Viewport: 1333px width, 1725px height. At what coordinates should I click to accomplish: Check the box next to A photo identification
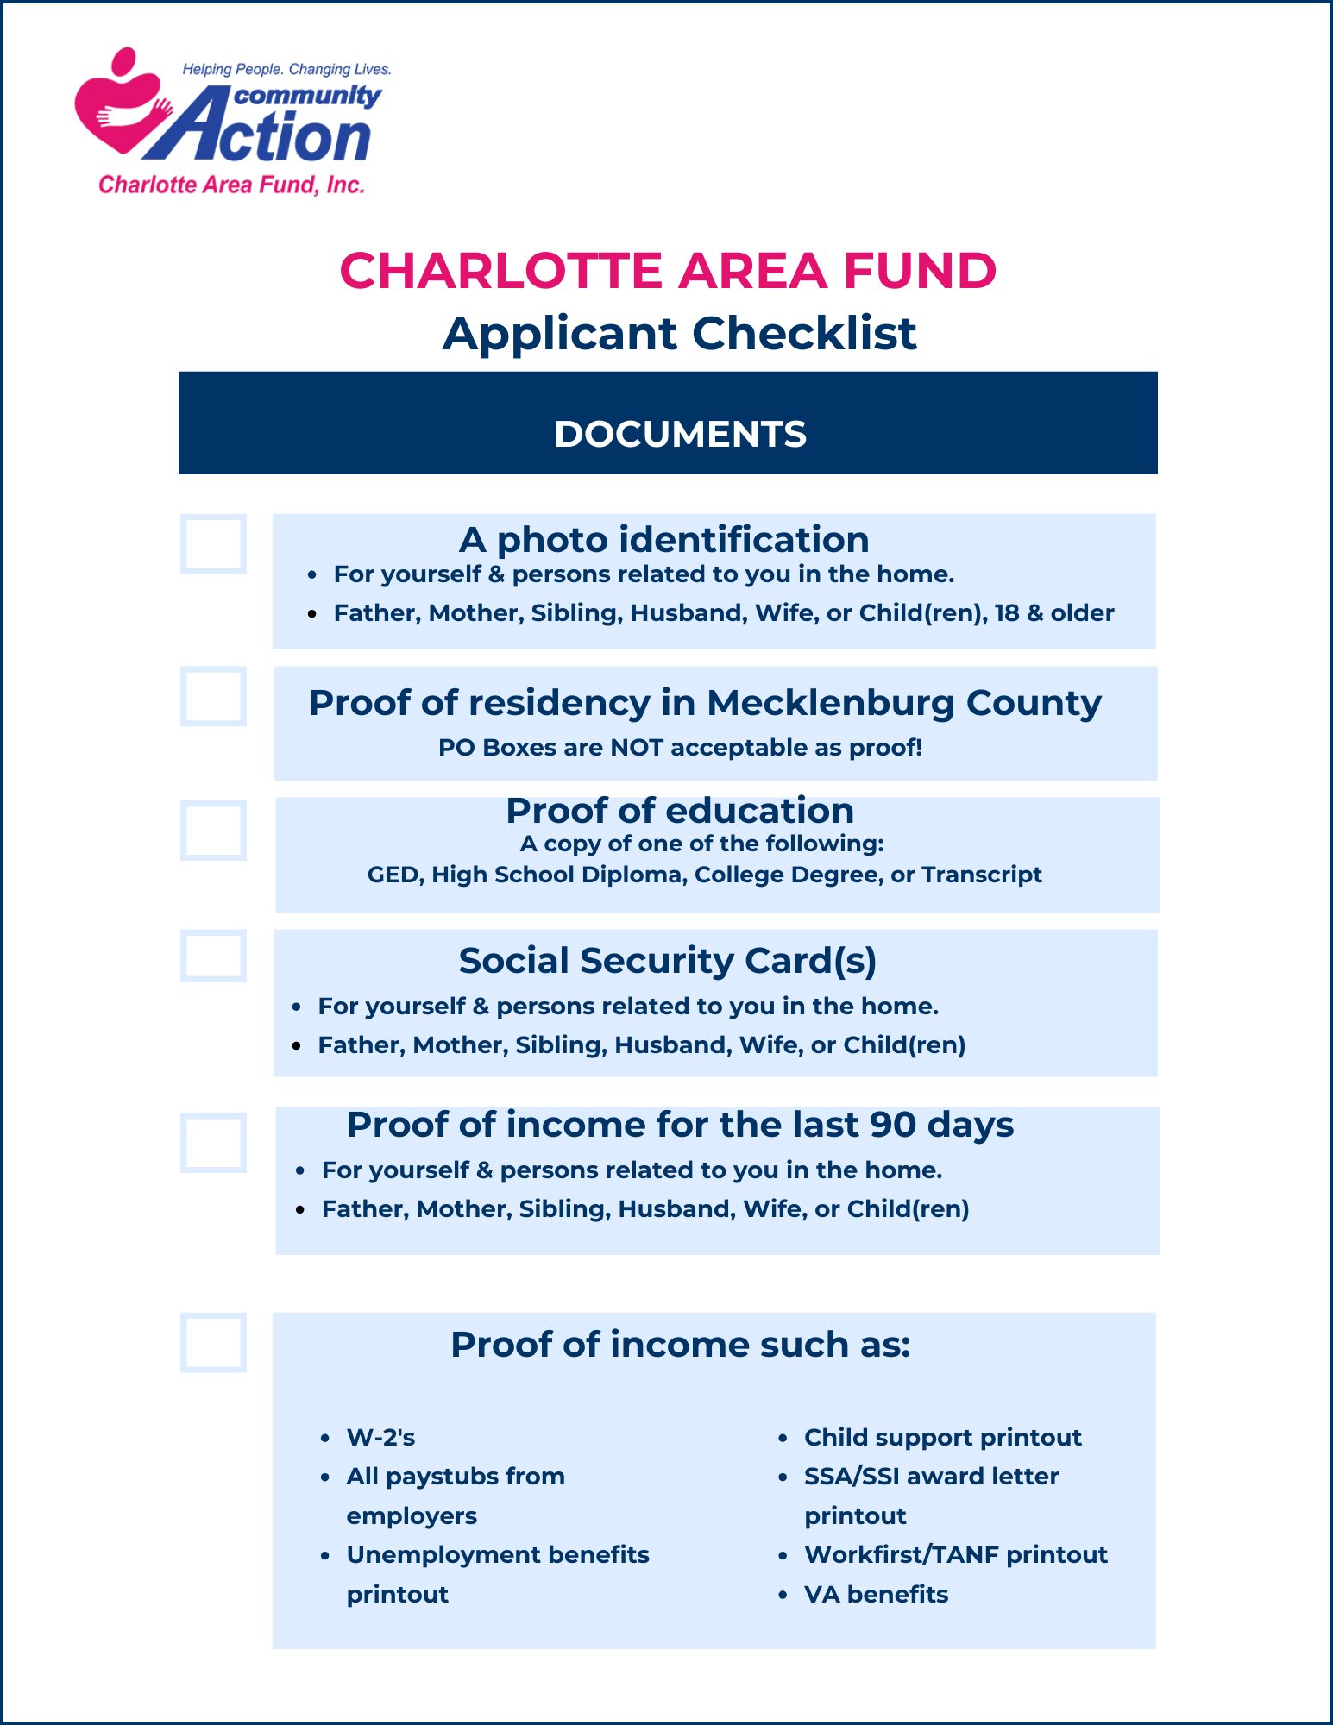(213, 544)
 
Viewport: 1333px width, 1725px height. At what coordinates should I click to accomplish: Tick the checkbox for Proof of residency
(213, 696)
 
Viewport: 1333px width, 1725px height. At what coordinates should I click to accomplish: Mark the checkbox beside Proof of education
(213, 831)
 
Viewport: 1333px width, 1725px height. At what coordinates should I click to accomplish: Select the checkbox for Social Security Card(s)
(213, 956)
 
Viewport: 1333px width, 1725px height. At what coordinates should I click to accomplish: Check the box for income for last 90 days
(213, 1143)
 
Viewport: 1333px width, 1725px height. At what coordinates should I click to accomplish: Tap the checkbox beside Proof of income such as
(213, 1343)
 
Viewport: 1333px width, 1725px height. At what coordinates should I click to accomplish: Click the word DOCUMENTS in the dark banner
(680, 434)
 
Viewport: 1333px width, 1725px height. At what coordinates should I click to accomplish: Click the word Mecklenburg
(831, 703)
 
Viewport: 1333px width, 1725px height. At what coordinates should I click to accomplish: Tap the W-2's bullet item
(380, 1438)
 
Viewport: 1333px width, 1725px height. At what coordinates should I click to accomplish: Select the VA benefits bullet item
(876, 1595)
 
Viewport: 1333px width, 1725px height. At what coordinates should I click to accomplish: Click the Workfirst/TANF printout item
(955, 1555)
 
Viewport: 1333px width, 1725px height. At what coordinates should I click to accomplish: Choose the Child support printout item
(942, 1438)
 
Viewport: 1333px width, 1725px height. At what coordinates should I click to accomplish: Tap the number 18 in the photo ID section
(1007, 613)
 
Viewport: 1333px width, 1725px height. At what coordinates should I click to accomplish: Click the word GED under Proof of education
(394, 875)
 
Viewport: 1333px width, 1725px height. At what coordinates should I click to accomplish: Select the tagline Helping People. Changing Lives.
(286, 69)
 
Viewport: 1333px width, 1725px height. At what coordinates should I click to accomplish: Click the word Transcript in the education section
(982, 875)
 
